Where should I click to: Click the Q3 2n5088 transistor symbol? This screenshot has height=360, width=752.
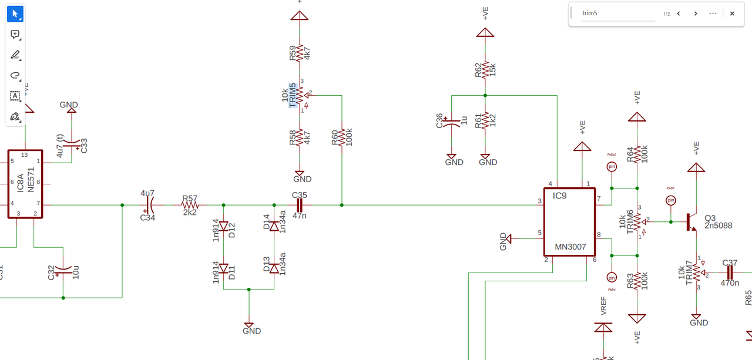point(690,222)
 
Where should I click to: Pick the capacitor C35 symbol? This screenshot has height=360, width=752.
point(299,206)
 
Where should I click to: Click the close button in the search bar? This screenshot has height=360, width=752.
point(732,14)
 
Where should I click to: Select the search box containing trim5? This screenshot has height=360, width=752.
point(617,14)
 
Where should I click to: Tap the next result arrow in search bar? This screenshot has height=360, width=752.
point(696,14)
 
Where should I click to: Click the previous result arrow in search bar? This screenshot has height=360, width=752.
point(679,14)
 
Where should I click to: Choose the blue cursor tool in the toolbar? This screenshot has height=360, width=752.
point(15,14)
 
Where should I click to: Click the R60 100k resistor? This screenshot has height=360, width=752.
point(341,137)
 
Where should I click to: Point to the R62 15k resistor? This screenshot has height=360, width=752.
point(485,69)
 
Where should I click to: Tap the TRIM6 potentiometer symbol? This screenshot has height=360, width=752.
point(637,221)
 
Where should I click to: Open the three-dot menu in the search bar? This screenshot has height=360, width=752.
point(713,14)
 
